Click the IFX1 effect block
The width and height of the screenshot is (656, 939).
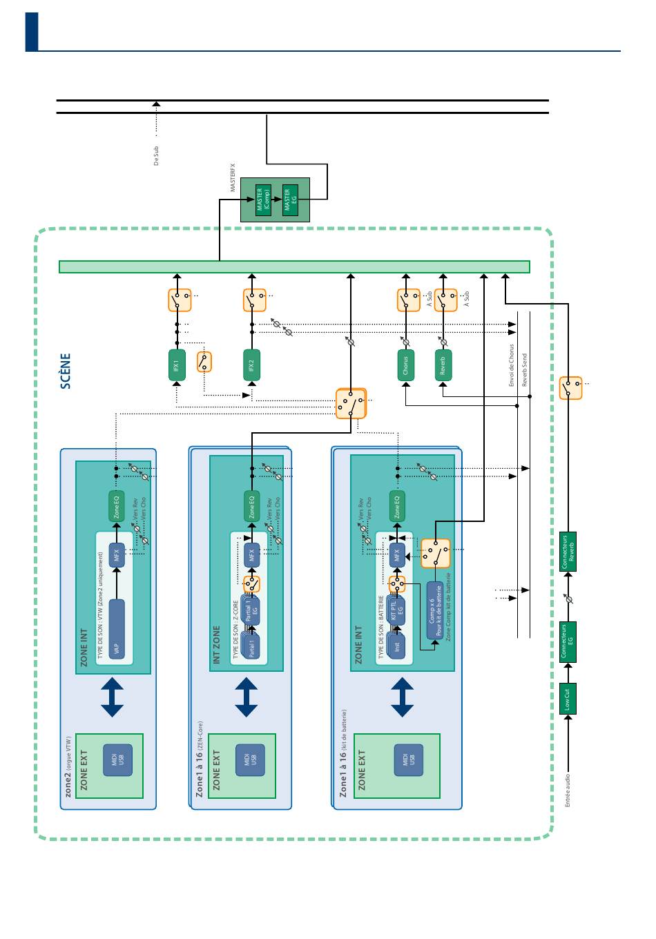[177, 365]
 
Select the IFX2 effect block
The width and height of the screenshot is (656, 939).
[252, 365]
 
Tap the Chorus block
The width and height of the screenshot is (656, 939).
[405, 365]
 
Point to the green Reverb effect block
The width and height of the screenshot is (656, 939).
[443, 365]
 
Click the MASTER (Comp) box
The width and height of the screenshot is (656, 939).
[262, 200]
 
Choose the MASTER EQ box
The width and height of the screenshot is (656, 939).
[290, 200]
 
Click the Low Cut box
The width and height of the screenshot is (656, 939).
[568, 699]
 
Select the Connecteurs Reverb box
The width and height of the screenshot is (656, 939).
[568, 552]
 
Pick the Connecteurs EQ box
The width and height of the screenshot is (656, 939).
[568, 642]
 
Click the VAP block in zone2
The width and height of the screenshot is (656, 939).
[117, 630]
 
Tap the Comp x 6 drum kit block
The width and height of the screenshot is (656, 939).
[435, 611]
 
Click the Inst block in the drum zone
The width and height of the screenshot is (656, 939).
[397, 646]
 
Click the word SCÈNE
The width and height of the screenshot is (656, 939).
[66, 371]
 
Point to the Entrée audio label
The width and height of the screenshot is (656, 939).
[568, 791]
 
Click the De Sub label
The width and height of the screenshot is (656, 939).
[156, 156]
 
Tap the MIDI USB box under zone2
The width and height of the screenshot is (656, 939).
[117, 760]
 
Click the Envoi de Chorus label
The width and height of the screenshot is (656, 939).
[512, 365]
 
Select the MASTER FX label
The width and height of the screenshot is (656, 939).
[233, 177]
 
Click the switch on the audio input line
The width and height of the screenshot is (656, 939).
[570, 388]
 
